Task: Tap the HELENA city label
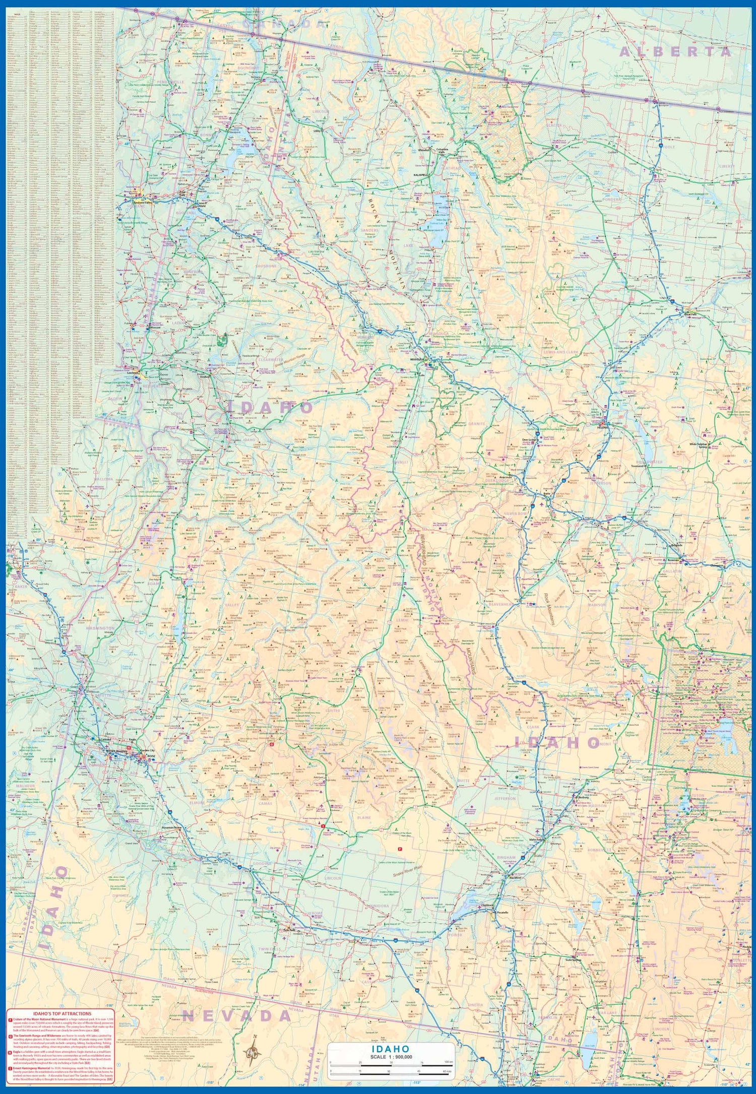pyautogui.click(x=603, y=427)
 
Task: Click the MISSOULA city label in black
pyautogui.click(x=418, y=359)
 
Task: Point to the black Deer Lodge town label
pyautogui.click(x=528, y=439)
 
